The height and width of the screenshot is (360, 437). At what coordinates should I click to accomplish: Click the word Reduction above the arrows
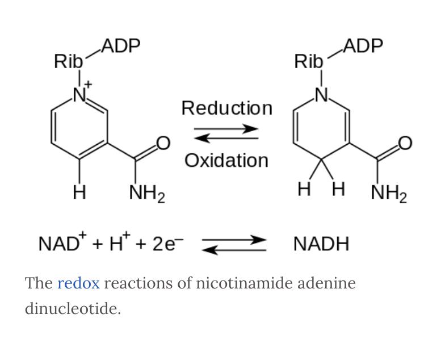[x=226, y=108]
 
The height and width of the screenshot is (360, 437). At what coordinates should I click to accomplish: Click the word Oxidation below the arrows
[x=226, y=161]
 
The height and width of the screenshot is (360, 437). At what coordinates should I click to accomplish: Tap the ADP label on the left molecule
[x=121, y=46]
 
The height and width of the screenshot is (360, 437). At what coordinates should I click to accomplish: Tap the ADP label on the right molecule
[x=363, y=46]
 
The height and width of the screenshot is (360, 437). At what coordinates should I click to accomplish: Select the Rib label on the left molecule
[x=69, y=61]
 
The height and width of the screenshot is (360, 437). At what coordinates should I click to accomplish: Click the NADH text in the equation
[x=321, y=245]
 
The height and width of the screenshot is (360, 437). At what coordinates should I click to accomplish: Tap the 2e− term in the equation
[x=167, y=244]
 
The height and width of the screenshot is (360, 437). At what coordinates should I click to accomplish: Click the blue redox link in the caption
[x=78, y=283]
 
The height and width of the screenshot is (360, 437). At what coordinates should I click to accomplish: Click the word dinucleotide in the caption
[x=72, y=309]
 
